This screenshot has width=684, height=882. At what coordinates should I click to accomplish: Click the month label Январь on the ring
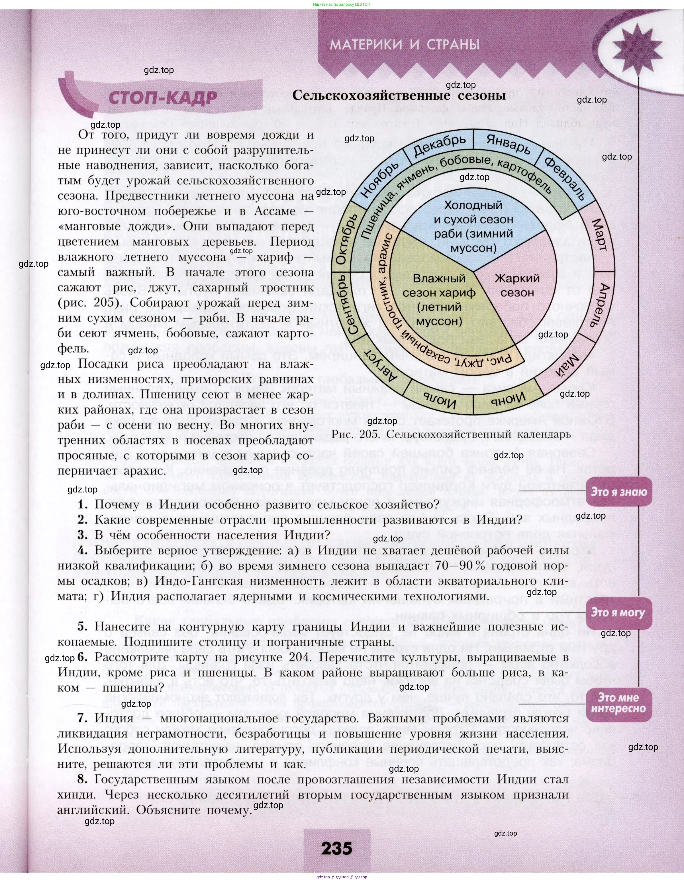pos(508,144)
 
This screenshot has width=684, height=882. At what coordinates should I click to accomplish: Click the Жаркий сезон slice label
pos(517,285)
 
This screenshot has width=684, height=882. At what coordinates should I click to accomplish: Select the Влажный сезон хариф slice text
pos(439,299)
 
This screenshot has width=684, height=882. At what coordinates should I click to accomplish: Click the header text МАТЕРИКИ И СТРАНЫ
pos(405,44)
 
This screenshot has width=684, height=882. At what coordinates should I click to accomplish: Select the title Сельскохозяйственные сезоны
pos(399,95)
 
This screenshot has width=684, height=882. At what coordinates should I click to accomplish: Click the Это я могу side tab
pos(618,612)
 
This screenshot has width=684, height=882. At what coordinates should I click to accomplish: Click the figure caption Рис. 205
pos(450,434)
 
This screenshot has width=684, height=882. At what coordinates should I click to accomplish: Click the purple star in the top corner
pos(640,47)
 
